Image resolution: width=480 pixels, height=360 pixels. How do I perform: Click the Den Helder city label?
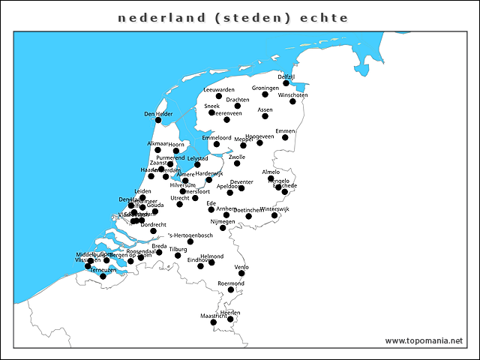coord(158,114)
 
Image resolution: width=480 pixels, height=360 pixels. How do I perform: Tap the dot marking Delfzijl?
coord(286,82)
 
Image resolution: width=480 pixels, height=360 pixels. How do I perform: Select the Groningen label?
coord(265,88)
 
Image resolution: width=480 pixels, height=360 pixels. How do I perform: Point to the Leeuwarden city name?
coord(219,90)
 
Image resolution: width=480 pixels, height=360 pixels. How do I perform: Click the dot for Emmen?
coord(285,137)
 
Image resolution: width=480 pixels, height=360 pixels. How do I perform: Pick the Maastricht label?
coord(214,317)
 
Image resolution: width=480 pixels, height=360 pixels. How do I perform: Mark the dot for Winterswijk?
coord(274,215)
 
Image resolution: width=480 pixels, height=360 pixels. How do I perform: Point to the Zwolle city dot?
coord(237,163)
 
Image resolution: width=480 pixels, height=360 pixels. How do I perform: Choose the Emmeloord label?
coord(217,138)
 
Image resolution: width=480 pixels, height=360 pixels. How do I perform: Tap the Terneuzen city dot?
coord(103,277)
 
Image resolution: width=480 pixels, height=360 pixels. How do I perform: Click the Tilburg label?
coord(178,249)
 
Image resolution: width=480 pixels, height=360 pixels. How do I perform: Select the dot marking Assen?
coord(265,116)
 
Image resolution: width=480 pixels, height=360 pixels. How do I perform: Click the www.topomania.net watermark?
coord(424,340)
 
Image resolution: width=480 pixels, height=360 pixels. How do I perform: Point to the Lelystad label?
coord(197,158)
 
